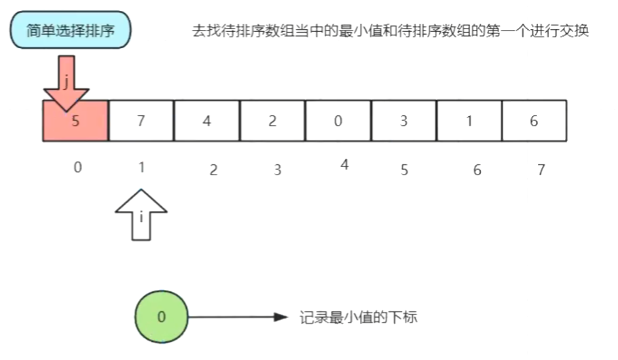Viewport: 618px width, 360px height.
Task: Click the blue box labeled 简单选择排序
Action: click(70, 31)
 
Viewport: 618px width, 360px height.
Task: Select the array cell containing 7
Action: click(141, 121)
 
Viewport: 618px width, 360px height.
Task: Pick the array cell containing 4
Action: click(207, 121)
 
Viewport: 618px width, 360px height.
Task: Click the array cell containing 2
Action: click(272, 121)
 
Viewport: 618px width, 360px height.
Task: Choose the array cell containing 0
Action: click(338, 121)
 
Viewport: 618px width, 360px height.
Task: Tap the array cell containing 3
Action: click(403, 121)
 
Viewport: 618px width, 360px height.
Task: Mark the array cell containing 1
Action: click(469, 121)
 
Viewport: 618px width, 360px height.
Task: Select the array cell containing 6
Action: click(534, 121)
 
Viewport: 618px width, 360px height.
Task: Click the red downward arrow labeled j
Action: click(66, 84)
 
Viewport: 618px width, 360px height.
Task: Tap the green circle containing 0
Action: click(161, 317)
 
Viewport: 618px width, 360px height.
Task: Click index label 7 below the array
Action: click(541, 170)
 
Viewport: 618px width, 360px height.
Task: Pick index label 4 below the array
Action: click(344, 164)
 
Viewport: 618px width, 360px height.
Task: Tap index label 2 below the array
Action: click(213, 170)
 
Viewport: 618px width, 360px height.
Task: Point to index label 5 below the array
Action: click(404, 170)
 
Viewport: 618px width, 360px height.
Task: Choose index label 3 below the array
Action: click(277, 170)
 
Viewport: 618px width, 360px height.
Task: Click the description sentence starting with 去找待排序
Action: click(390, 32)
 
